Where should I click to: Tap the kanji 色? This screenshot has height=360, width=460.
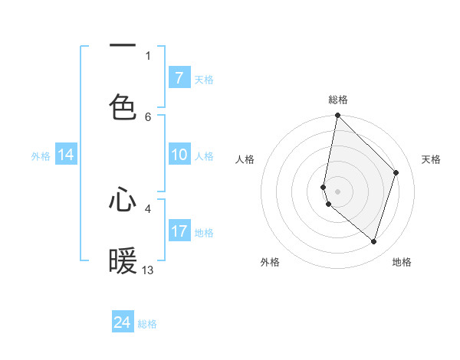pos(123,106)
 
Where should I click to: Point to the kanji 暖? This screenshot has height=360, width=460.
pos(123,261)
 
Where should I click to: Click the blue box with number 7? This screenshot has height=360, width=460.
pos(179,78)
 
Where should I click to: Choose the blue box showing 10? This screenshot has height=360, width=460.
pos(179,155)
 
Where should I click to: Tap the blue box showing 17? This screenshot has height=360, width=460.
pos(179,231)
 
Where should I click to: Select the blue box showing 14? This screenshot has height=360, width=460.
pos(66,155)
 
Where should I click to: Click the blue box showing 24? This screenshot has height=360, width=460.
pos(123,322)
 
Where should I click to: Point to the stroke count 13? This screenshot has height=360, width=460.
pos(148,270)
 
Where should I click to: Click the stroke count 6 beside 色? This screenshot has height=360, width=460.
pos(148,116)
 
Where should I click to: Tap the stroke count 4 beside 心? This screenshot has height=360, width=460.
pos(148,208)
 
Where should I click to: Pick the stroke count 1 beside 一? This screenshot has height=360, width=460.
pos(148,55)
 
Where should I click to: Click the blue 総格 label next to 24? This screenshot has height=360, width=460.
pos(147,324)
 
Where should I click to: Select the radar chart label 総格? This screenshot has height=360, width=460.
pos(337,100)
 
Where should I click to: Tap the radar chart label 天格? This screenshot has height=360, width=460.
pos(431,159)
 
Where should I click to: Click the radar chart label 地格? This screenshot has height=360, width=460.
pos(402,262)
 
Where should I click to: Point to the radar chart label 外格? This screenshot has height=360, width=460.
pos(270,262)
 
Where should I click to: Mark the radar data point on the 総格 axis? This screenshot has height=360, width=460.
pos(337,116)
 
